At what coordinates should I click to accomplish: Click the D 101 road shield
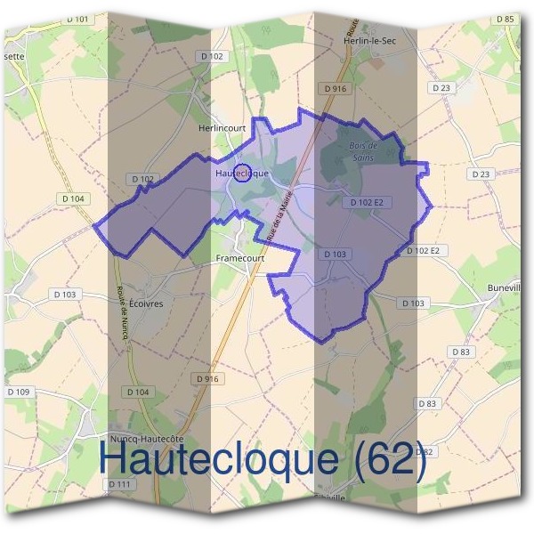[77, 19]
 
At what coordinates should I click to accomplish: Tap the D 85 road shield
[504, 19]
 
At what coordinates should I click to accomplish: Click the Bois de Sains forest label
[362, 150]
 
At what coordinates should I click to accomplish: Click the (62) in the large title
[384, 460]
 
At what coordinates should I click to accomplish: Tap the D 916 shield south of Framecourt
[206, 379]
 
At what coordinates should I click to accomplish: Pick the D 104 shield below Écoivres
[138, 392]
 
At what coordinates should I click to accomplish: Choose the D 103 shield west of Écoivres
[65, 294]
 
